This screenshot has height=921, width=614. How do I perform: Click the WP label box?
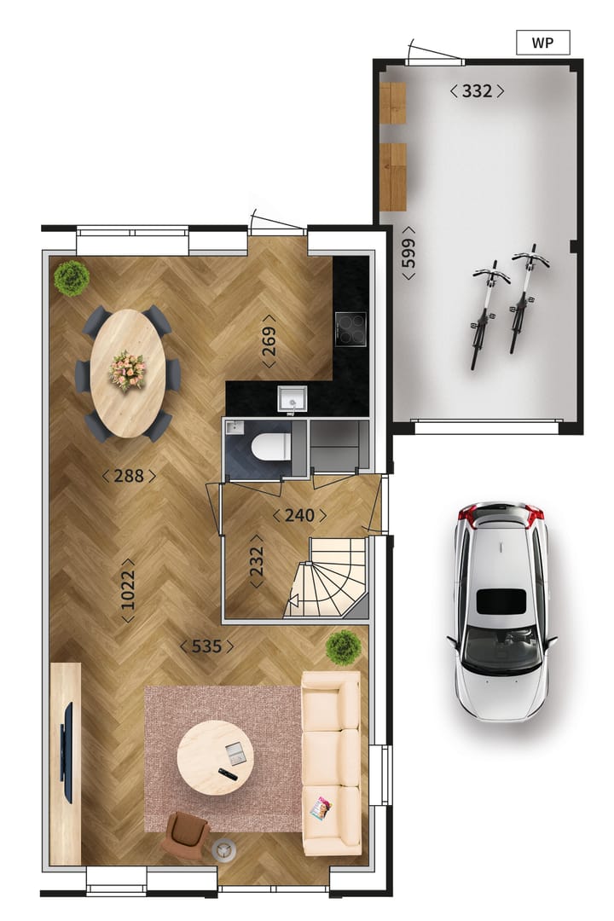tap(542, 43)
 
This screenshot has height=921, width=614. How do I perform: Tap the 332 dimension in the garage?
tap(477, 91)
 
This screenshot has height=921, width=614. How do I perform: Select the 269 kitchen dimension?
tap(269, 346)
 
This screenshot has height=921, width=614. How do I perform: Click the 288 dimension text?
tap(129, 476)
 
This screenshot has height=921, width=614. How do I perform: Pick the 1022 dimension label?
tap(128, 590)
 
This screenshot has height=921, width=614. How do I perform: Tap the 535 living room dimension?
tap(206, 646)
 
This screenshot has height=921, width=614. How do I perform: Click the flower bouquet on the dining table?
tap(128, 370)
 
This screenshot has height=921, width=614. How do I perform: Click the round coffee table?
tap(215, 757)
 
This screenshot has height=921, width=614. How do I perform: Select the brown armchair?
tap(187, 834)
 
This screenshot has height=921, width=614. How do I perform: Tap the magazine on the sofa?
tap(321, 808)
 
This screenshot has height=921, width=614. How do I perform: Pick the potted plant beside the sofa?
tap(343, 648)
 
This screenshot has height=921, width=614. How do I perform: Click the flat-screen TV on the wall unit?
tap(67, 751)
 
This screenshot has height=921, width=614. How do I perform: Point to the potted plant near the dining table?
tap(72, 278)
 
